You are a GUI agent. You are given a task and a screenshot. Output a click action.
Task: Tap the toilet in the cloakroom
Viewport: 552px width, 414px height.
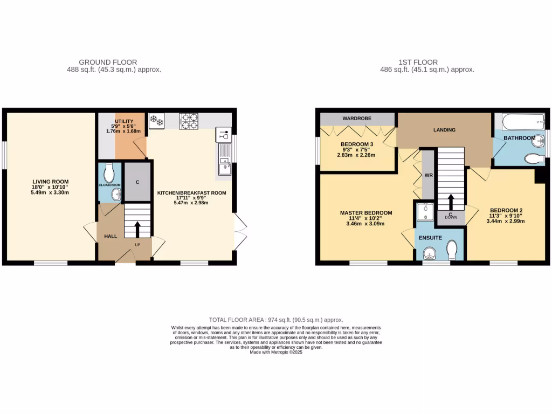109,172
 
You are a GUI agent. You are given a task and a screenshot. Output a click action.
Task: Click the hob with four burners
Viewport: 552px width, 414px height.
189,121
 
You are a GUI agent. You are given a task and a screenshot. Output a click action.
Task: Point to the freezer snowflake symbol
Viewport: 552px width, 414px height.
156,121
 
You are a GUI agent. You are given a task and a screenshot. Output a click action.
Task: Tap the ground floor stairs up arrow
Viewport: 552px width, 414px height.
137,227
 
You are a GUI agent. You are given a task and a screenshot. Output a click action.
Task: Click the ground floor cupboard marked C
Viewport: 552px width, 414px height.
137,182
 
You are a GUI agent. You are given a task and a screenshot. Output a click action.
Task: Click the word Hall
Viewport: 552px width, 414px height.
111,236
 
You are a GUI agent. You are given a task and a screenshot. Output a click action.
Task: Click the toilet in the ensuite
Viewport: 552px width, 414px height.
452,249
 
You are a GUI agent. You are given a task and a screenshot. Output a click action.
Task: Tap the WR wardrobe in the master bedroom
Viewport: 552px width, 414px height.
427,176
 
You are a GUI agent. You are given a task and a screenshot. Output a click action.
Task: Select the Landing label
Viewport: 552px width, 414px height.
444,130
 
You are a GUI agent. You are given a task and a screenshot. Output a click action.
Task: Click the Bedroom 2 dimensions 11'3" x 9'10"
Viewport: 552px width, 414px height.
506,216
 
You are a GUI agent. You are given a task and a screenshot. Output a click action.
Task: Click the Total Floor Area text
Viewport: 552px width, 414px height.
275,320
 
